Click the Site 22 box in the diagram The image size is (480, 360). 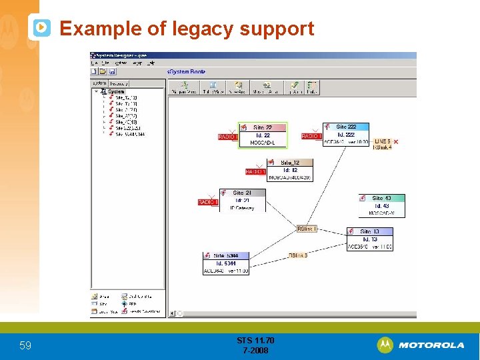(262, 135)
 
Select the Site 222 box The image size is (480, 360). (345, 134)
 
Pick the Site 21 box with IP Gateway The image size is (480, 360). (243, 200)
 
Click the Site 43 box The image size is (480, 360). (381, 205)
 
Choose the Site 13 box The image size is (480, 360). (369, 239)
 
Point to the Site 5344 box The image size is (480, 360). (225, 263)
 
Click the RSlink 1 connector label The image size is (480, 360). (306, 229)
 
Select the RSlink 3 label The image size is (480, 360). (297, 255)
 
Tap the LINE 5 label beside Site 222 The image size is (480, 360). (382, 141)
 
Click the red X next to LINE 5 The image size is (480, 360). (396, 142)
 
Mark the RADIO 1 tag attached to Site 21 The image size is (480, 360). (208, 202)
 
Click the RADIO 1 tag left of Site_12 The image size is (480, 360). (255, 171)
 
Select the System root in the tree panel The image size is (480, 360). (116, 91)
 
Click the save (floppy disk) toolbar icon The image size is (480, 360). (113, 71)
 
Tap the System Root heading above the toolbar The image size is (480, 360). (187, 71)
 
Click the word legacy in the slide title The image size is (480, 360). (203, 29)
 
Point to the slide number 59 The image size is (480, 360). (25, 345)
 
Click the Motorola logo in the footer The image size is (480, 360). (421, 345)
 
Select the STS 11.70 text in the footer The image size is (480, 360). (255, 341)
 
